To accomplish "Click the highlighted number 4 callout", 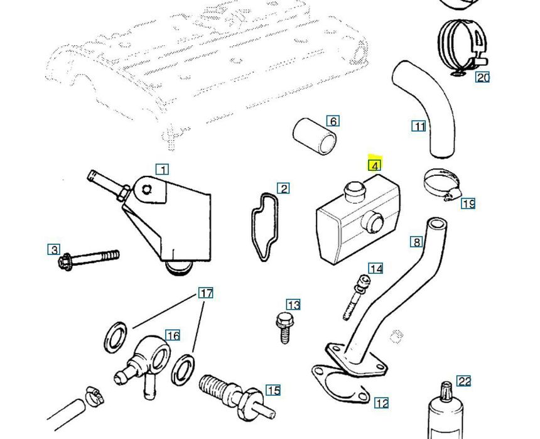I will [374, 165].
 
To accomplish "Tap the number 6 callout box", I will [333, 121].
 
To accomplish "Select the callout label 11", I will [419, 126].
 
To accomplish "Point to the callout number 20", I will [482, 77].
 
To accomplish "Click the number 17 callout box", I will [206, 293].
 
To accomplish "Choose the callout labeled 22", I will [463, 381].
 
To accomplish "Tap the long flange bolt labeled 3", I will [88, 258].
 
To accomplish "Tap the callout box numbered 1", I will [162, 170].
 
